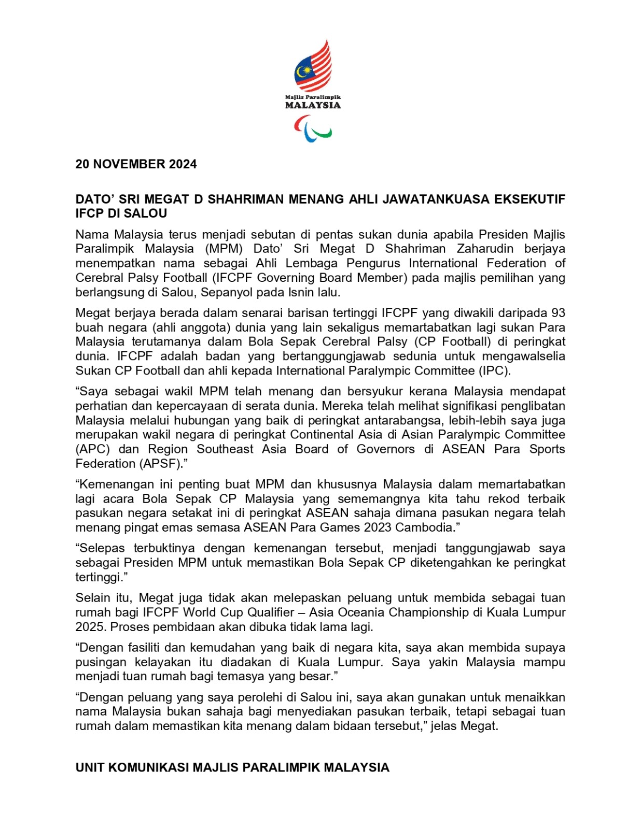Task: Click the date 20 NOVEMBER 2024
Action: (x=136, y=164)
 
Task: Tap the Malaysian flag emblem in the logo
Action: (x=313, y=65)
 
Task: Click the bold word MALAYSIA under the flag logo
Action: (x=313, y=105)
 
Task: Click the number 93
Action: (x=558, y=313)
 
